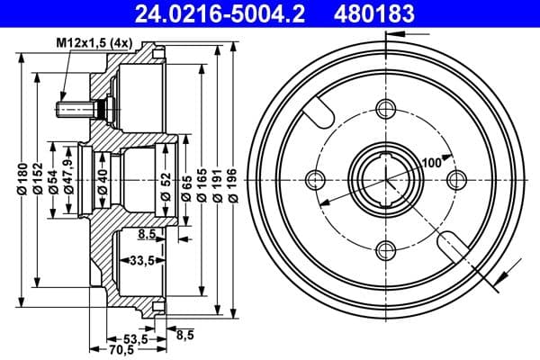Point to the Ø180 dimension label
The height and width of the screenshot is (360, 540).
20,180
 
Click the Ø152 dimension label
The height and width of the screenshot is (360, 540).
38,180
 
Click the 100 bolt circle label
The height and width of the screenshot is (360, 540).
429,162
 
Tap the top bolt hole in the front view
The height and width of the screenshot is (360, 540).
386,110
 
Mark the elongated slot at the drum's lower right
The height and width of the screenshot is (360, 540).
451,243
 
